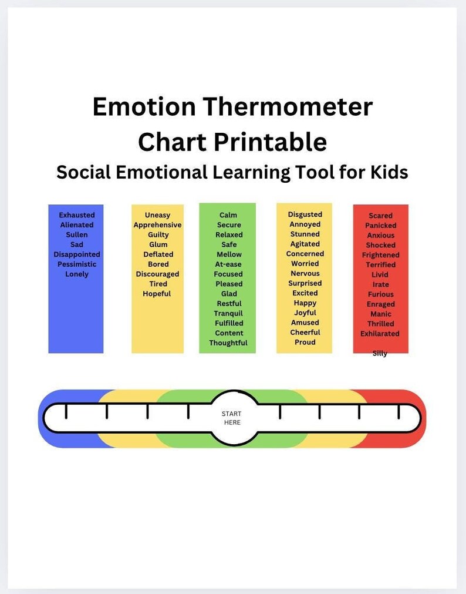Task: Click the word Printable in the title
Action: [x=270, y=142]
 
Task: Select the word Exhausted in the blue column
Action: [x=76, y=215]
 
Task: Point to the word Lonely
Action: [x=77, y=274]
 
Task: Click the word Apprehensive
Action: [x=157, y=225]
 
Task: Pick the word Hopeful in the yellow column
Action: [x=157, y=294]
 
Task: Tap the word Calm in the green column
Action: [x=228, y=215]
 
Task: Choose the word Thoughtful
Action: [x=228, y=343]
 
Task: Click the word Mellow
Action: [x=229, y=254]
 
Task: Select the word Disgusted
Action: [x=305, y=214]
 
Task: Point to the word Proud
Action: [x=305, y=342]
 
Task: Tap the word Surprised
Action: [x=305, y=283]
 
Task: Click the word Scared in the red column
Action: [x=380, y=216]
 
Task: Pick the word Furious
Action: [x=381, y=294]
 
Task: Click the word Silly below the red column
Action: [x=380, y=353]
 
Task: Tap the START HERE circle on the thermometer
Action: [x=232, y=418]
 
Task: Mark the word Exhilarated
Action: [x=380, y=334]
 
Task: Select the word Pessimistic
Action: [x=77, y=264]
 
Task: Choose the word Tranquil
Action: [x=228, y=313]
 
